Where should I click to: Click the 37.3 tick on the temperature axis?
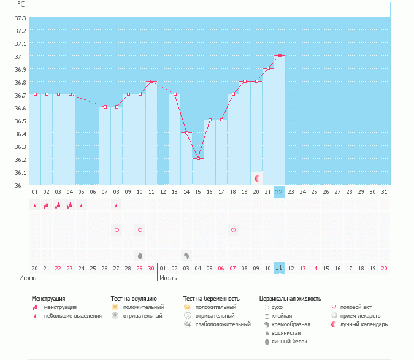point(20,17)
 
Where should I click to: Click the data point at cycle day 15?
point(198,159)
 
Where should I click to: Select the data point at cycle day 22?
point(280,56)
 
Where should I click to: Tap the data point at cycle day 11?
point(151,81)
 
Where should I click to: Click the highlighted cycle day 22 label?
point(279,191)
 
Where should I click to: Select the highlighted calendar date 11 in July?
point(279,268)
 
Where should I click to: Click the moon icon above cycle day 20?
point(257,178)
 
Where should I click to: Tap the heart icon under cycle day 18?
point(233,230)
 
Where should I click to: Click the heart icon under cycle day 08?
point(117,230)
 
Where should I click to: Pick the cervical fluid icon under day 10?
point(140,255)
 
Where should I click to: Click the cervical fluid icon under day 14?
point(186,255)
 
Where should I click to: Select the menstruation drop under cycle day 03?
point(58,205)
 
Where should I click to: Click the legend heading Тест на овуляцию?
point(134,299)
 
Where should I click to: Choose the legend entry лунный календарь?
point(364,324)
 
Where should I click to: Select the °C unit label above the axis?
point(21,4)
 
